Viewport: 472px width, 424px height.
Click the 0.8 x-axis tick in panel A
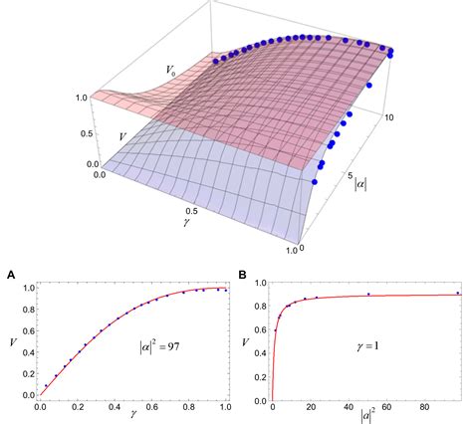pyautogui.click(x=188, y=407)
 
